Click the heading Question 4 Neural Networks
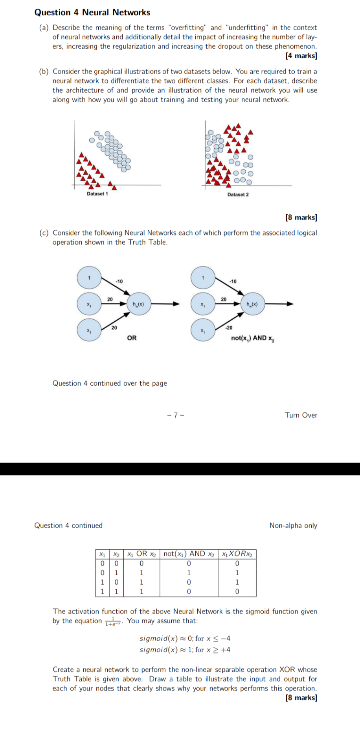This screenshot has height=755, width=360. (92, 13)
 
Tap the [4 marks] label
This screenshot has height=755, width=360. (301, 56)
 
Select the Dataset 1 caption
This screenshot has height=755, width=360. (97, 194)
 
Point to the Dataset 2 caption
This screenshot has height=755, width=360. (238, 195)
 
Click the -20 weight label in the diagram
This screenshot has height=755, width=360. (228, 328)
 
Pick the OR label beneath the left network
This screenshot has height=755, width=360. (132, 338)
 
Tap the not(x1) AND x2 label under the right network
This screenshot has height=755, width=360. (253, 338)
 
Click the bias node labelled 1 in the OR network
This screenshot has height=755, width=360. (89, 278)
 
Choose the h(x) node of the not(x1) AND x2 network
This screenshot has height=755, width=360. (252, 304)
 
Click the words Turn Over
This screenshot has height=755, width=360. (301, 415)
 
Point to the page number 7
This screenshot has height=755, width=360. (176, 415)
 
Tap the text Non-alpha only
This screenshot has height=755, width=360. (293, 526)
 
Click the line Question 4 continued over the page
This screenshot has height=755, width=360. (110, 383)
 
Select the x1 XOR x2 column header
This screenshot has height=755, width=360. (237, 554)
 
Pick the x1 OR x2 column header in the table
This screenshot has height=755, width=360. (142, 554)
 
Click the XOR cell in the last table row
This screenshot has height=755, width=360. (237, 591)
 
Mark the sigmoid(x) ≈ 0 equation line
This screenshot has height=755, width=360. (185, 639)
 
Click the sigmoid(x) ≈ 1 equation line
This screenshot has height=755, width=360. (185, 650)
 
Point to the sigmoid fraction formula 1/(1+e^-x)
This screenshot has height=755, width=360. (114, 622)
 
